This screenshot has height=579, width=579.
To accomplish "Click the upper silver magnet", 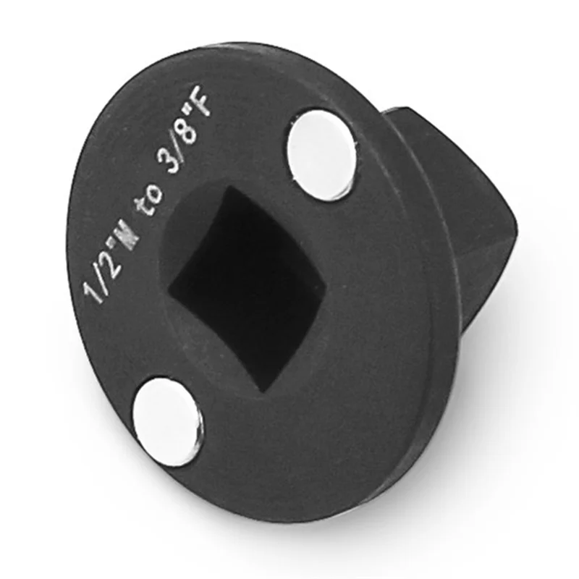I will [x=322, y=153].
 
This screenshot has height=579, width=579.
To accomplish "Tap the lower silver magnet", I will [x=167, y=420].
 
